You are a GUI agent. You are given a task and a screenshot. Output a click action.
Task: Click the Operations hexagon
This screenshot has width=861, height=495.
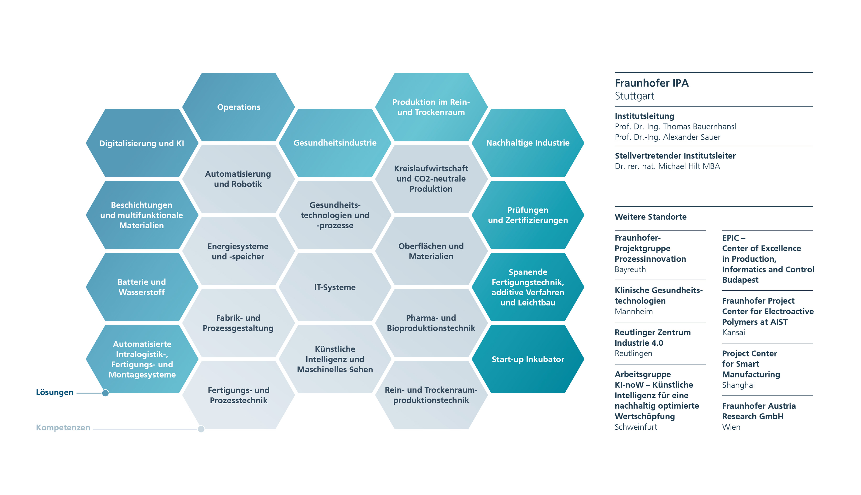tap(238, 107)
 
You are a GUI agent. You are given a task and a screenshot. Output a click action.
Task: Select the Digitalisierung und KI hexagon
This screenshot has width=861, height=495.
tap(142, 143)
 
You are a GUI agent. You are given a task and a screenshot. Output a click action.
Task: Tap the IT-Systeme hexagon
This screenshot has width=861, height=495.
tap(335, 287)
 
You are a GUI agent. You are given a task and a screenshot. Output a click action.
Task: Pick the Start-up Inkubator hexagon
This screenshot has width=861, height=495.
tap(528, 359)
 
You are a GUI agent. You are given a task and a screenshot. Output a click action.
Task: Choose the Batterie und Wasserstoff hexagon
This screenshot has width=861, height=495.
tap(142, 287)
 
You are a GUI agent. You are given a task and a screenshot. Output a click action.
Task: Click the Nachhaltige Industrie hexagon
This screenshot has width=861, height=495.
tap(528, 143)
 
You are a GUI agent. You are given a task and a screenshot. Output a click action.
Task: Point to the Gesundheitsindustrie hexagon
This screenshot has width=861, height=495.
tap(335, 143)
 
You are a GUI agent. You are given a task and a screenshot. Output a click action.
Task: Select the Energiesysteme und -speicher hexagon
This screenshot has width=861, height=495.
tap(238, 251)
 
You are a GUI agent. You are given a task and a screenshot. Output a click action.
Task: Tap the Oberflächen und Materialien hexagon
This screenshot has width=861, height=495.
tap(431, 251)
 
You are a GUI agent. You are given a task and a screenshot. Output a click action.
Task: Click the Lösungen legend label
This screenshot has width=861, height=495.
tap(55, 392)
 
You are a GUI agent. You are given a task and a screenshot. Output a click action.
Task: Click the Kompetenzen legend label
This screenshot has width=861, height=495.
tap(63, 428)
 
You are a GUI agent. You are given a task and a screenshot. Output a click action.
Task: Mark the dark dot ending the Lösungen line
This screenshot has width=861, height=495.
tap(106, 393)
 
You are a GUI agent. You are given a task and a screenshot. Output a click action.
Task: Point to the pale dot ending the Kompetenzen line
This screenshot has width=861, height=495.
tap(201, 429)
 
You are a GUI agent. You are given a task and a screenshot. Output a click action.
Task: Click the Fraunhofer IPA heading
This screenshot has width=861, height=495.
tap(651, 83)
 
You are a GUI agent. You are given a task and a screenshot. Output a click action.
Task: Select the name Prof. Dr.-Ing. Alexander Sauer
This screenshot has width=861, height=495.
tap(668, 137)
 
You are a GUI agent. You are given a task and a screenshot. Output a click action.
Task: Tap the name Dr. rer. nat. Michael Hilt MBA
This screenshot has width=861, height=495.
tap(667, 166)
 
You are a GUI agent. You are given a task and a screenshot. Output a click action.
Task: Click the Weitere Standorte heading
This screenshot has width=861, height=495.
tap(651, 217)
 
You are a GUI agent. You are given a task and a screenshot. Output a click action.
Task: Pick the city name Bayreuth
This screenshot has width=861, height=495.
tap(630, 270)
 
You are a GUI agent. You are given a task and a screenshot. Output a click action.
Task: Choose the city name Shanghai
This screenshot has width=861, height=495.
tap(738, 385)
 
